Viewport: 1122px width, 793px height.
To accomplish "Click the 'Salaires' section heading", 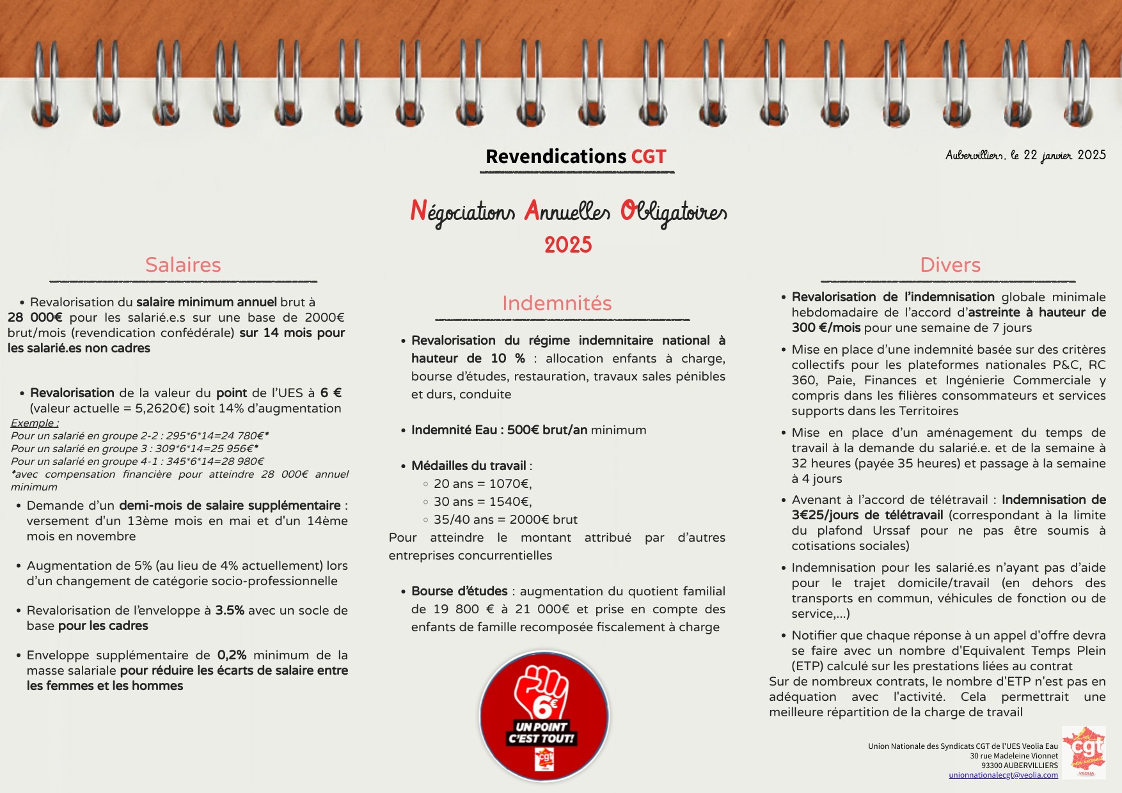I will pyautogui.click(x=183, y=265).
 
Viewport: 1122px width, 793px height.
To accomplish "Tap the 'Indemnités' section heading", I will pyautogui.click(x=557, y=303).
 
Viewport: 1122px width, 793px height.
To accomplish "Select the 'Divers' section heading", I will pyautogui.click(x=950, y=265).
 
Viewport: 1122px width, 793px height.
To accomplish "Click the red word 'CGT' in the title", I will pyautogui.click(x=649, y=157).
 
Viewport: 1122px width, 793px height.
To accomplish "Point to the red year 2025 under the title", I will pyautogui.click(x=568, y=245).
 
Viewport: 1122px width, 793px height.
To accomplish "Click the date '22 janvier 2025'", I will pyautogui.click(x=1064, y=155).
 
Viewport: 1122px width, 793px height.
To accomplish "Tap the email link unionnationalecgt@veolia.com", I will pyautogui.click(x=1003, y=775).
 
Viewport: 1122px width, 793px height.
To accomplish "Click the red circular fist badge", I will pyautogui.click(x=544, y=716).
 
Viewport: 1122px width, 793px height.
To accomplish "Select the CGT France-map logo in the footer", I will pyautogui.click(x=1084, y=751).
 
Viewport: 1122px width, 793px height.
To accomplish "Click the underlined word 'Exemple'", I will pyautogui.click(x=35, y=423).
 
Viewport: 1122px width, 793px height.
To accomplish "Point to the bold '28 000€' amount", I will pyautogui.click(x=35, y=317).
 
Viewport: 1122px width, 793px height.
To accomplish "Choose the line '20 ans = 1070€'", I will pyautogui.click(x=482, y=484).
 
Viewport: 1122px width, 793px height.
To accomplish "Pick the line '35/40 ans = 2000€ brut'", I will pyautogui.click(x=505, y=520).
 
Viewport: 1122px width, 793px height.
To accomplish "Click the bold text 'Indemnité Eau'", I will pyautogui.click(x=454, y=430).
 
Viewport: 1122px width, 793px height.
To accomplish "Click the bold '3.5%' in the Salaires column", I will pyautogui.click(x=230, y=611).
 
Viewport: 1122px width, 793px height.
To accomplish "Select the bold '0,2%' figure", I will pyautogui.click(x=232, y=656).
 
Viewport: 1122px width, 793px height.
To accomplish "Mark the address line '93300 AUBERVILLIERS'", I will pyautogui.click(x=1019, y=766).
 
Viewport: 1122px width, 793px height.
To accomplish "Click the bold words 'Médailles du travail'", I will pyautogui.click(x=469, y=466).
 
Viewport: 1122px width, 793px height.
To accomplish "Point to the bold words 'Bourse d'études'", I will pyautogui.click(x=459, y=592).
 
